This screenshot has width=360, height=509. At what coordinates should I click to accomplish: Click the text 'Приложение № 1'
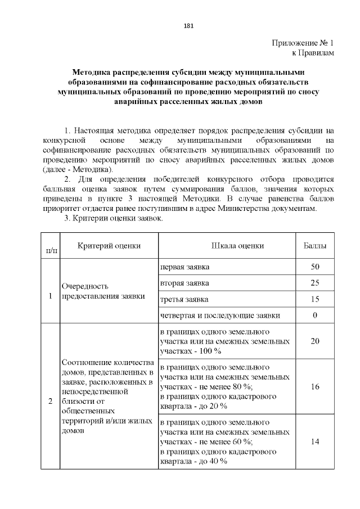point(304,43)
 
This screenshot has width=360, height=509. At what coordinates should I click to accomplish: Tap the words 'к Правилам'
point(313,53)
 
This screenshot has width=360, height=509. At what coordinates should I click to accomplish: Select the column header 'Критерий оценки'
point(109,246)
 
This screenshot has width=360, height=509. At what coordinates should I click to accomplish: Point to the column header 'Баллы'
point(315,246)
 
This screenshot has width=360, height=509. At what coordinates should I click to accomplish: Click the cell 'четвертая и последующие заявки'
point(220,315)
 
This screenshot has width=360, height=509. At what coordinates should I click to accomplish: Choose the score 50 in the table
point(315,266)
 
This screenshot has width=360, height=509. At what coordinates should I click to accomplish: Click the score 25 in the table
point(315,282)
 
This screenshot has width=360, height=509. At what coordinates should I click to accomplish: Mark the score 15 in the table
point(315,299)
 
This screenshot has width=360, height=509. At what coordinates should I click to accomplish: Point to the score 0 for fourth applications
point(315,315)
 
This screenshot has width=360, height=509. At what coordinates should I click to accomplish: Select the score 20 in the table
point(315,341)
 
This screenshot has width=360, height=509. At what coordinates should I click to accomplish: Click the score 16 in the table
point(315,386)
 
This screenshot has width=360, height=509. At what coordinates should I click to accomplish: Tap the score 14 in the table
point(315,442)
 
